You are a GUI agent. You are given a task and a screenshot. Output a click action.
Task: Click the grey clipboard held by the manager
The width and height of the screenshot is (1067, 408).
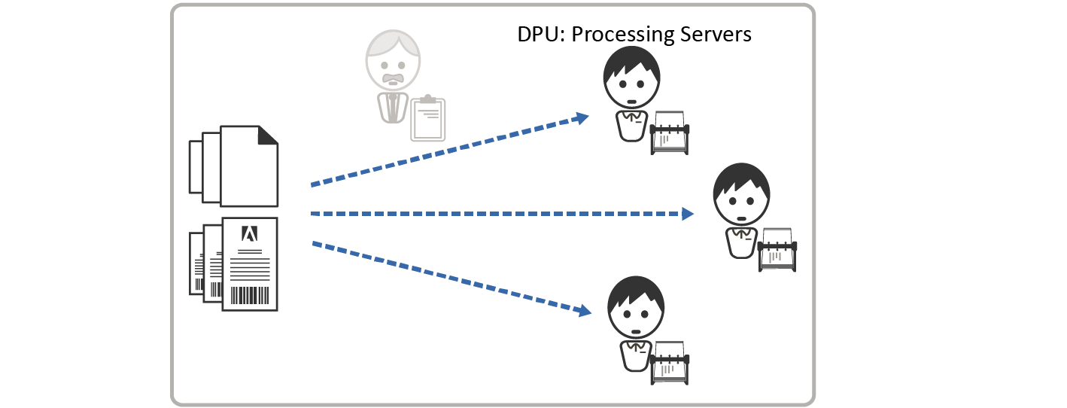(x=427, y=119)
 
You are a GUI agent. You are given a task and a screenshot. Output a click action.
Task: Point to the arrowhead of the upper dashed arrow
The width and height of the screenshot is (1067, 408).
(x=581, y=117)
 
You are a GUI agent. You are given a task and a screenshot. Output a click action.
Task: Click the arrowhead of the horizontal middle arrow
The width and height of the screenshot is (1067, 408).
(x=687, y=214)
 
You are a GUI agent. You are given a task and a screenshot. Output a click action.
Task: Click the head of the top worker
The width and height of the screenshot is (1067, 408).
(x=631, y=79)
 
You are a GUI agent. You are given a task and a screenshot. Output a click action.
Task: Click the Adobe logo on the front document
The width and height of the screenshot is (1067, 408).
(x=249, y=233)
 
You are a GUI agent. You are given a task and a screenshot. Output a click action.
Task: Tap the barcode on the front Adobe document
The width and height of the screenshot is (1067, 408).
(x=250, y=294)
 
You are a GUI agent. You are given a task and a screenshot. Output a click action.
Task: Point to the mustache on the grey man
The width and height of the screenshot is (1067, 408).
(x=393, y=78)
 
